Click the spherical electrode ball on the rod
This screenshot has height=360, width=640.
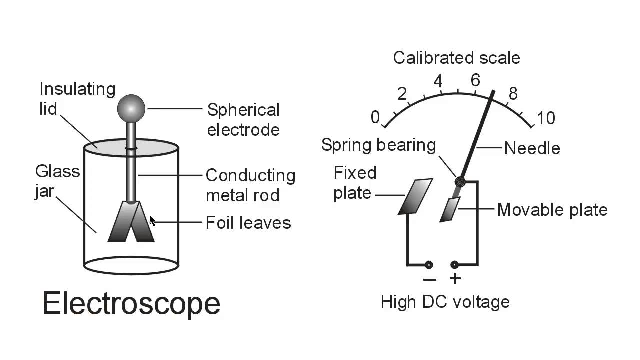(x=131, y=108)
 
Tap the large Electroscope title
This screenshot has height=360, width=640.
(x=131, y=303)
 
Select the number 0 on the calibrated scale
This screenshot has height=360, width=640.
(x=375, y=118)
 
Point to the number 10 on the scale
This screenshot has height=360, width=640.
(x=545, y=118)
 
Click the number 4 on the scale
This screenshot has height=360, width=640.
(x=438, y=81)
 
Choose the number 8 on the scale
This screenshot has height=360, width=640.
(x=513, y=94)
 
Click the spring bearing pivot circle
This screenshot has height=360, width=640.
(x=460, y=182)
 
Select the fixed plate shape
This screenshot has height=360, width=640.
(x=415, y=196)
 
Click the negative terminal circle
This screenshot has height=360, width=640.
(x=428, y=265)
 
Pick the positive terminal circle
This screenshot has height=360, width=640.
(x=455, y=265)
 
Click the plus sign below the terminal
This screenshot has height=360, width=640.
(x=455, y=279)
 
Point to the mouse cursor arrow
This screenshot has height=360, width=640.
(x=152, y=221)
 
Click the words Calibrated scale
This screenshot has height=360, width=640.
(x=456, y=58)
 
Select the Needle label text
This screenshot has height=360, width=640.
(x=532, y=148)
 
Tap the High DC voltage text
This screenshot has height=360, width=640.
(x=445, y=302)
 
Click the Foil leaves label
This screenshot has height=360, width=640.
(x=248, y=222)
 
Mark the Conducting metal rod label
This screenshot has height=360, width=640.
(x=250, y=185)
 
